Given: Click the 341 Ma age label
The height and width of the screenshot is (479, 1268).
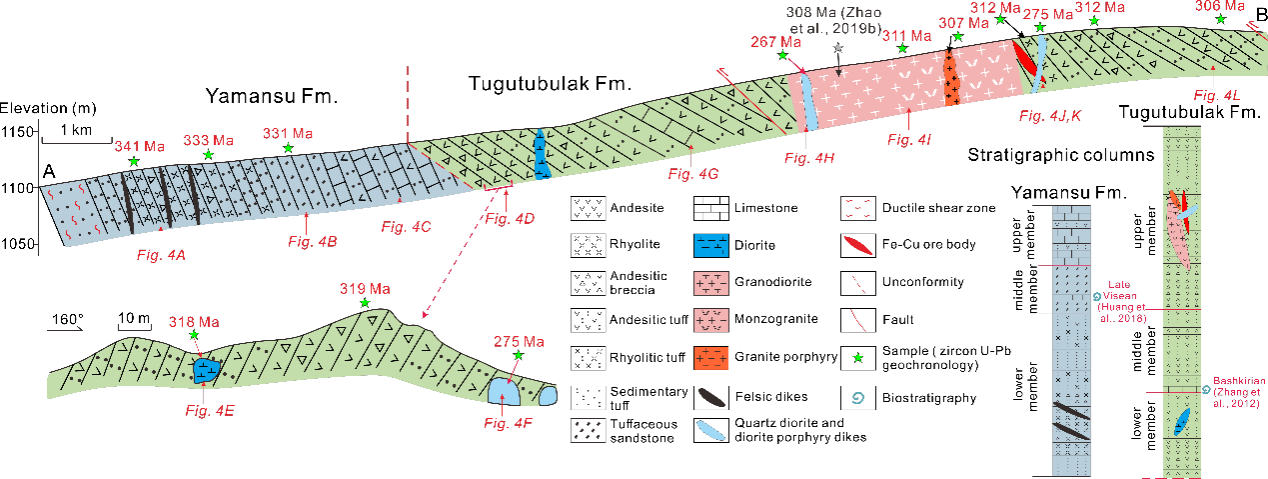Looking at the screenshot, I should point(140,147).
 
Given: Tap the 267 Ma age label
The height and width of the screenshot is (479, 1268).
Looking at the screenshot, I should point(776,42).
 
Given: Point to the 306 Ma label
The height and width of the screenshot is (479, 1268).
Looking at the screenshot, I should point(1220,6).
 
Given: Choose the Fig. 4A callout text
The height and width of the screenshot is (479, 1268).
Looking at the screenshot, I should point(162,256).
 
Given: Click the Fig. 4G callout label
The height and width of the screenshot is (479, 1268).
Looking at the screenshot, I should point(693,174).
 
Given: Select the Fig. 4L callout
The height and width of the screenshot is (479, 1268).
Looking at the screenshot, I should point(1217,95).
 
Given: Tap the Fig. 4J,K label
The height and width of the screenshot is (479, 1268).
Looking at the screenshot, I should point(1050,117).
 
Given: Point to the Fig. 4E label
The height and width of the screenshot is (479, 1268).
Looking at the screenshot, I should point(210,409).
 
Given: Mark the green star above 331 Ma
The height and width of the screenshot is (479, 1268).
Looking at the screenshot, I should point(288,148).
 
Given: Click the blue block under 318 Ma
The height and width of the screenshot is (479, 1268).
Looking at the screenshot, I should point(207,371).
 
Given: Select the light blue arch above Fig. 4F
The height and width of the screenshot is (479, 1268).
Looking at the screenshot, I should point(505,392).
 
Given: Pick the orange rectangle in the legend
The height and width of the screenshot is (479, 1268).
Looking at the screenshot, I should point(710,358).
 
